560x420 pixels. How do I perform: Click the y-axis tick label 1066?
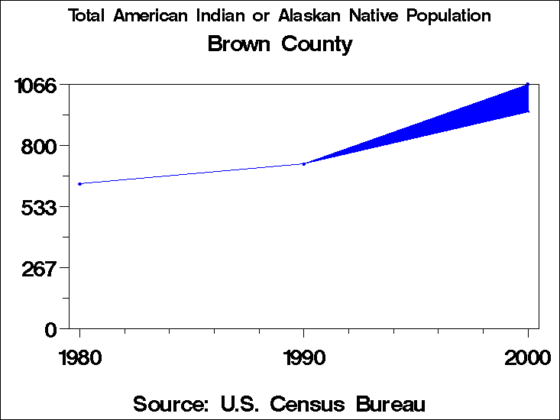tap(36, 85)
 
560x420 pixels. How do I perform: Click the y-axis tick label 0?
tap(50, 329)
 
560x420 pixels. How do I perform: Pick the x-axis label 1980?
tap(79, 357)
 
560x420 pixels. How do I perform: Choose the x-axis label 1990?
tap(304, 357)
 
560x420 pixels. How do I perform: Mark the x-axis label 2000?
tap(527, 357)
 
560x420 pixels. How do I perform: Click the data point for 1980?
tap(79, 183)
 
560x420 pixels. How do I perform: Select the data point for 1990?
tap(304, 163)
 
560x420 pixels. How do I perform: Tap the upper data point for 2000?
tap(528, 84)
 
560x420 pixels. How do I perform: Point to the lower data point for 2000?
tap(528, 111)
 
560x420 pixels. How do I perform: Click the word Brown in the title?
tap(239, 44)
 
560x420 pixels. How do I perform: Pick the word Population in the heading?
tap(449, 16)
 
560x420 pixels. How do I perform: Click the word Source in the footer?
tap(170, 403)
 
